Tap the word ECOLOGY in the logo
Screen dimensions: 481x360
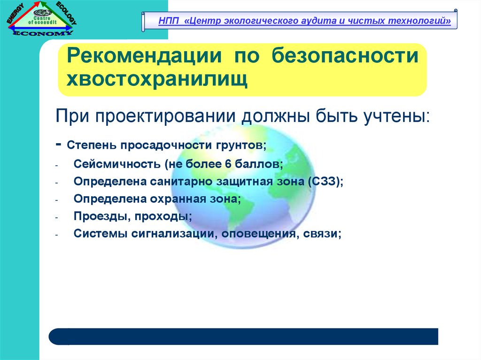pyautogui.click(x=66, y=13)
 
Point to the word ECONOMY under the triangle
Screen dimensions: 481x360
pyautogui.click(x=43, y=33)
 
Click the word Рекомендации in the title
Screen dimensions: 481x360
pyautogui.click(x=144, y=55)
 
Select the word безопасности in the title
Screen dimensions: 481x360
pyautogui.click(x=345, y=55)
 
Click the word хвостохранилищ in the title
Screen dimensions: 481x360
pyautogui.click(x=157, y=79)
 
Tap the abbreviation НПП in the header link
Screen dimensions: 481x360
pyautogui.click(x=169, y=21)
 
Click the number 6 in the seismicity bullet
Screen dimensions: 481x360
pyautogui.click(x=228, y=164)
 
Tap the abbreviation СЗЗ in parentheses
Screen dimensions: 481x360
pyautogui.click(x=325, y=181)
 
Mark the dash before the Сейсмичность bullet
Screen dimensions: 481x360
pyautogui.click(x=57, y=165)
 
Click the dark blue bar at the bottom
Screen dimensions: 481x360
pyautogui.click(x=243, y=337)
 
